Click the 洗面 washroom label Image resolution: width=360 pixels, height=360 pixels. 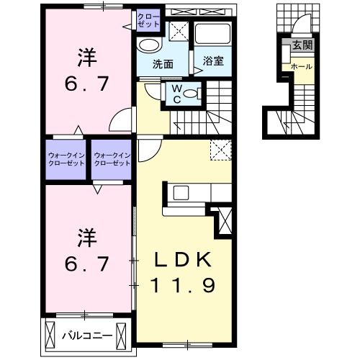pyautogui.click(x=163, y=63)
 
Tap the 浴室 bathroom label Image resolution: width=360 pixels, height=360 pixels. pyautogui.click(x=212, y=61)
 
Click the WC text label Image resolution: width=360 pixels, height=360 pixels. pyautogui.click(x=176, y=94)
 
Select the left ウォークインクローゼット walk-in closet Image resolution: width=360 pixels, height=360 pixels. pyautogui.click(x=66, y=158)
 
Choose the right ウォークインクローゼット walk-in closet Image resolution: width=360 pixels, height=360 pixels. pyautogui.click(x=112, y=158)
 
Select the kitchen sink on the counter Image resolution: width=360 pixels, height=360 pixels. pyautogui.click(x=180, y=193)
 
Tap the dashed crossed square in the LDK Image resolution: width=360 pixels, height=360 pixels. pyautogui.click(x=220, y=149)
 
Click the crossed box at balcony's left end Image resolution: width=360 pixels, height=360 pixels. pyautogui.click(x=50, y=335)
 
